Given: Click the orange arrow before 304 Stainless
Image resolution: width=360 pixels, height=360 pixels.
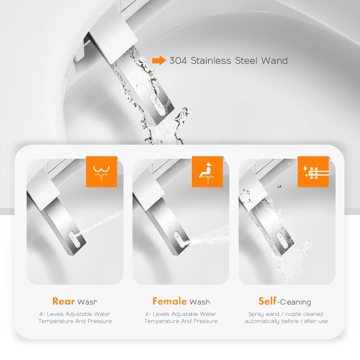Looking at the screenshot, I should coord(159,60).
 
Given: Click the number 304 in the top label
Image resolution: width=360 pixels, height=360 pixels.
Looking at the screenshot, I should coord(178,60).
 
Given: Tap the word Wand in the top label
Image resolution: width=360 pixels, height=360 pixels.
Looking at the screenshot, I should coord(274,60).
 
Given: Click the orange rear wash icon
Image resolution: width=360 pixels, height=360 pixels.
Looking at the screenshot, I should coord(102,172).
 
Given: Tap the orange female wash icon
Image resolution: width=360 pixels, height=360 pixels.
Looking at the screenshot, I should coord(207,172).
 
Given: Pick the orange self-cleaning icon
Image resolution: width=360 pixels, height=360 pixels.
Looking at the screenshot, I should coord(313,172).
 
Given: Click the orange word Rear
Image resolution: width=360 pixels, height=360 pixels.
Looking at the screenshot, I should coord(63,301).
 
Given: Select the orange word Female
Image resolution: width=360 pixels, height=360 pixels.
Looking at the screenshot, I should coord(170,301).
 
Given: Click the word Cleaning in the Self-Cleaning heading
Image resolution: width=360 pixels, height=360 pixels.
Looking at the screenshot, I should coord(296,302).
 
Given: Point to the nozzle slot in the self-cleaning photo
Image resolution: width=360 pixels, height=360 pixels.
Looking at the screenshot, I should coord(279,238).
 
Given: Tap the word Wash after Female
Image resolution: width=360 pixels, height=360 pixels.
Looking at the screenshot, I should coord(200,302).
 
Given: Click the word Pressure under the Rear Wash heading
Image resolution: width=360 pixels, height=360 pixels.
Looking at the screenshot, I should coord(99,321).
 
